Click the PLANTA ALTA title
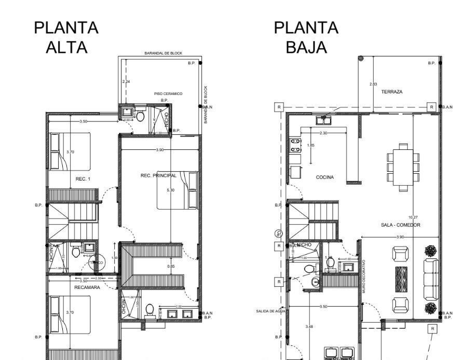[66, 37]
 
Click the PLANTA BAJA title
[306, 37]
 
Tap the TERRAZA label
[391, 91]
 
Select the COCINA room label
[325, 177]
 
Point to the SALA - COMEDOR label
[400, 225]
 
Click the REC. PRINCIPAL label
[158, 175]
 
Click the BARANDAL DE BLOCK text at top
[163, 53]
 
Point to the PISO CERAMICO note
[168, 93]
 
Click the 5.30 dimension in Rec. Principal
[171, 191]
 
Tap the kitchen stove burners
[295, 145]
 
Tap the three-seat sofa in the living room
[431, 279]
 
